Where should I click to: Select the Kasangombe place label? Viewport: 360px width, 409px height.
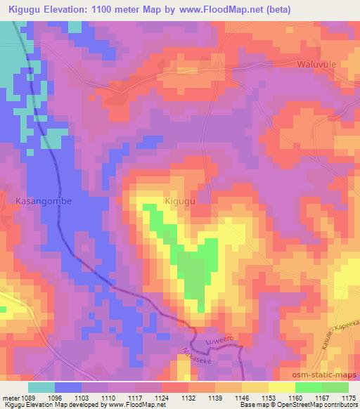pyautogui.click(x=44, y=200)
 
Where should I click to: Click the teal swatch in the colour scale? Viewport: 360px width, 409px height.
pyautogui.click(x=41, y=387)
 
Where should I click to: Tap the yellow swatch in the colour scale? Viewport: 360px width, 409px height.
pyautogui.click(x=281, y=387)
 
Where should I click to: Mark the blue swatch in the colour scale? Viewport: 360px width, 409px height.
pyautogui.click(x=68, y=387)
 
